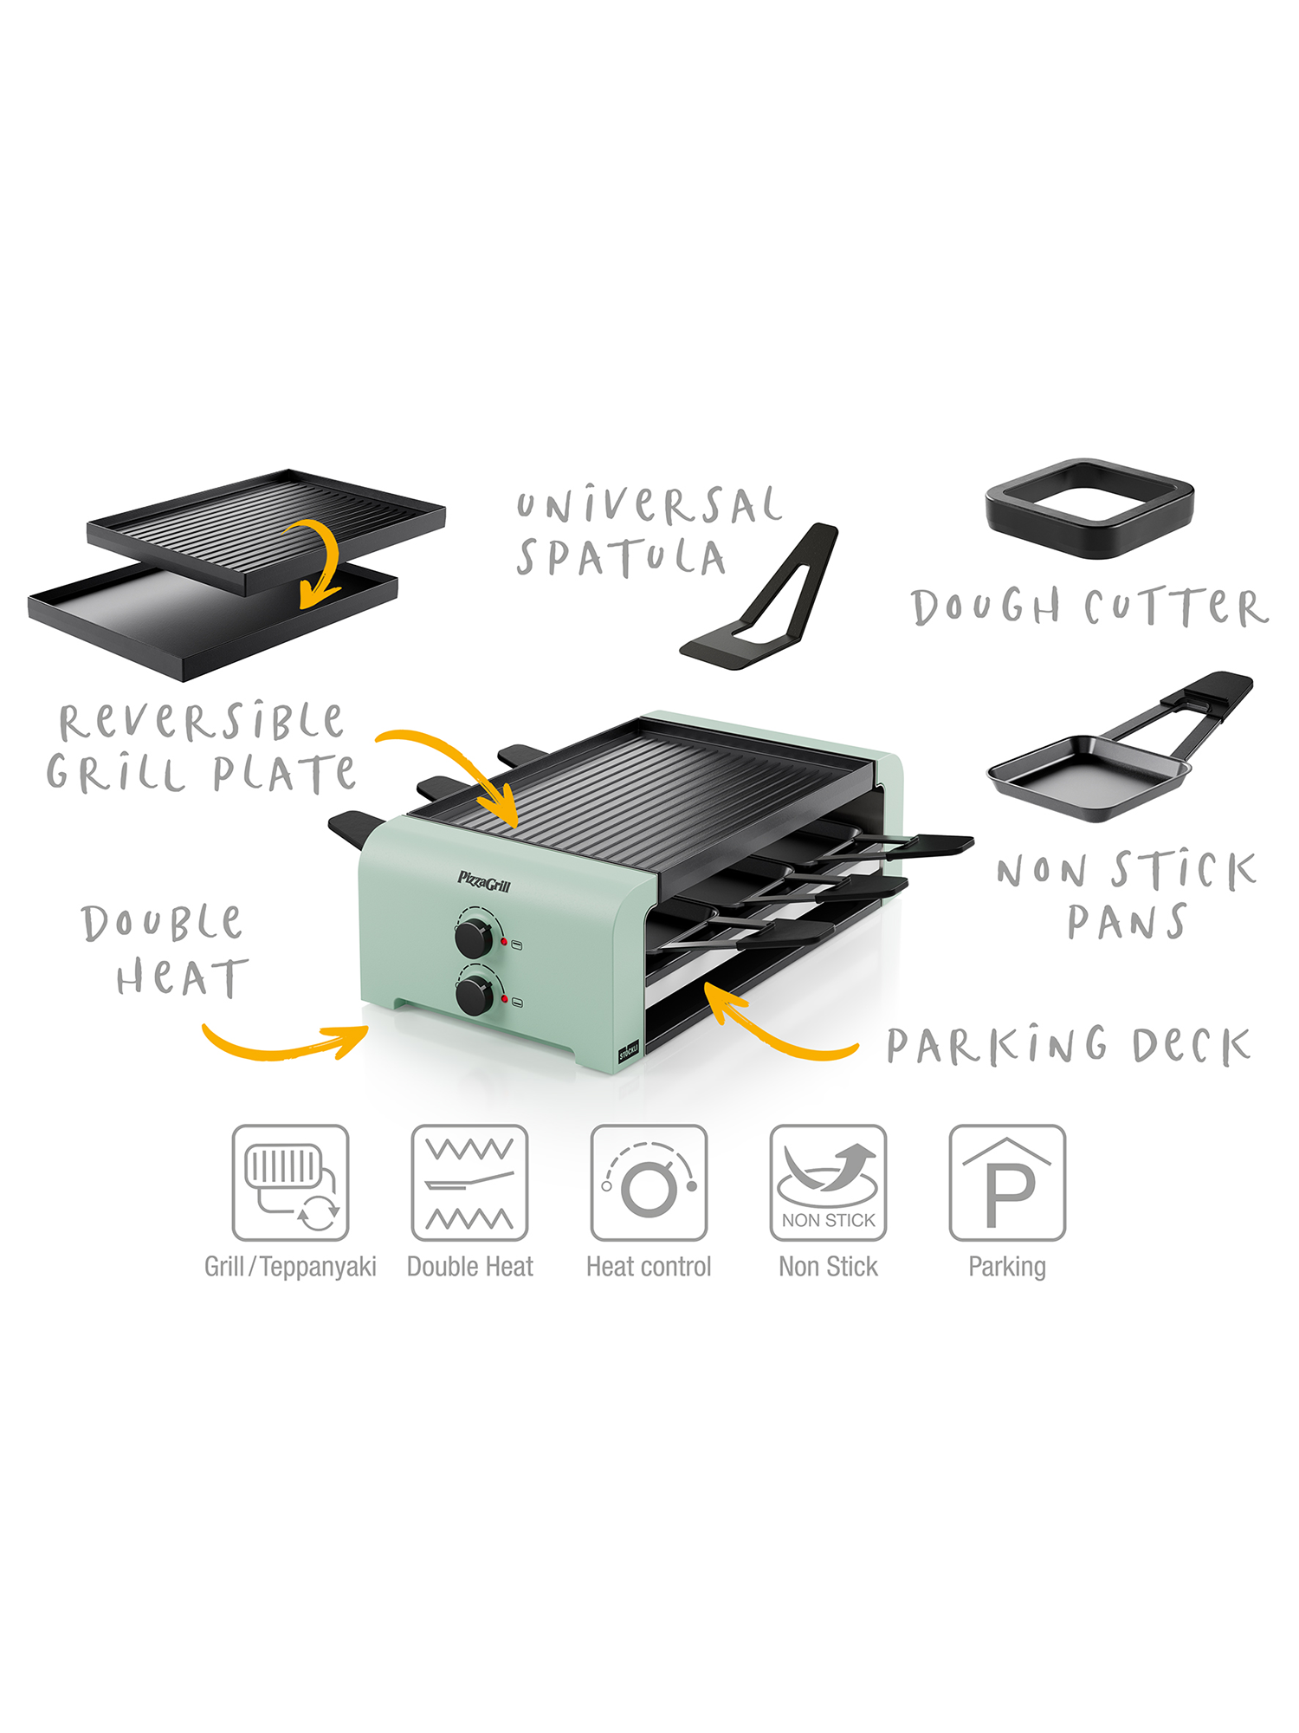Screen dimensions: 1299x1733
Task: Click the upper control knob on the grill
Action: (474, 938)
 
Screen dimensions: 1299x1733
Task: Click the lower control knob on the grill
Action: (475, 996)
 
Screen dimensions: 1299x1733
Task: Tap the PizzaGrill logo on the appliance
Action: (484, 882)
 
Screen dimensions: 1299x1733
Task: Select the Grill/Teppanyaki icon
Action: (290, 1183)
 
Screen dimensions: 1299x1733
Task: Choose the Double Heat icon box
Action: (469, 1183)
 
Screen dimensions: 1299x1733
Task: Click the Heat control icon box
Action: (649, 1183)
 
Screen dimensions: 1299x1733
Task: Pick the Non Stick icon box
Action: (828, 1183)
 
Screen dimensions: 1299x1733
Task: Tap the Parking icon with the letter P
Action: (1007, 1183)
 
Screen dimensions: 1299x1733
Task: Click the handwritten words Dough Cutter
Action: (1090, 607)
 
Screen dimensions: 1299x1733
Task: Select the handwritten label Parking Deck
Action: (1069, 1045)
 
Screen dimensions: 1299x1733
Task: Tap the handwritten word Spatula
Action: (621, 557)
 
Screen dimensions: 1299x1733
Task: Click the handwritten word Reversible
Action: (201, 721)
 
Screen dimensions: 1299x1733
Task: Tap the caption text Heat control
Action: (649, 1267)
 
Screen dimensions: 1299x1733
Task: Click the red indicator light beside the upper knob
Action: (503, 941)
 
